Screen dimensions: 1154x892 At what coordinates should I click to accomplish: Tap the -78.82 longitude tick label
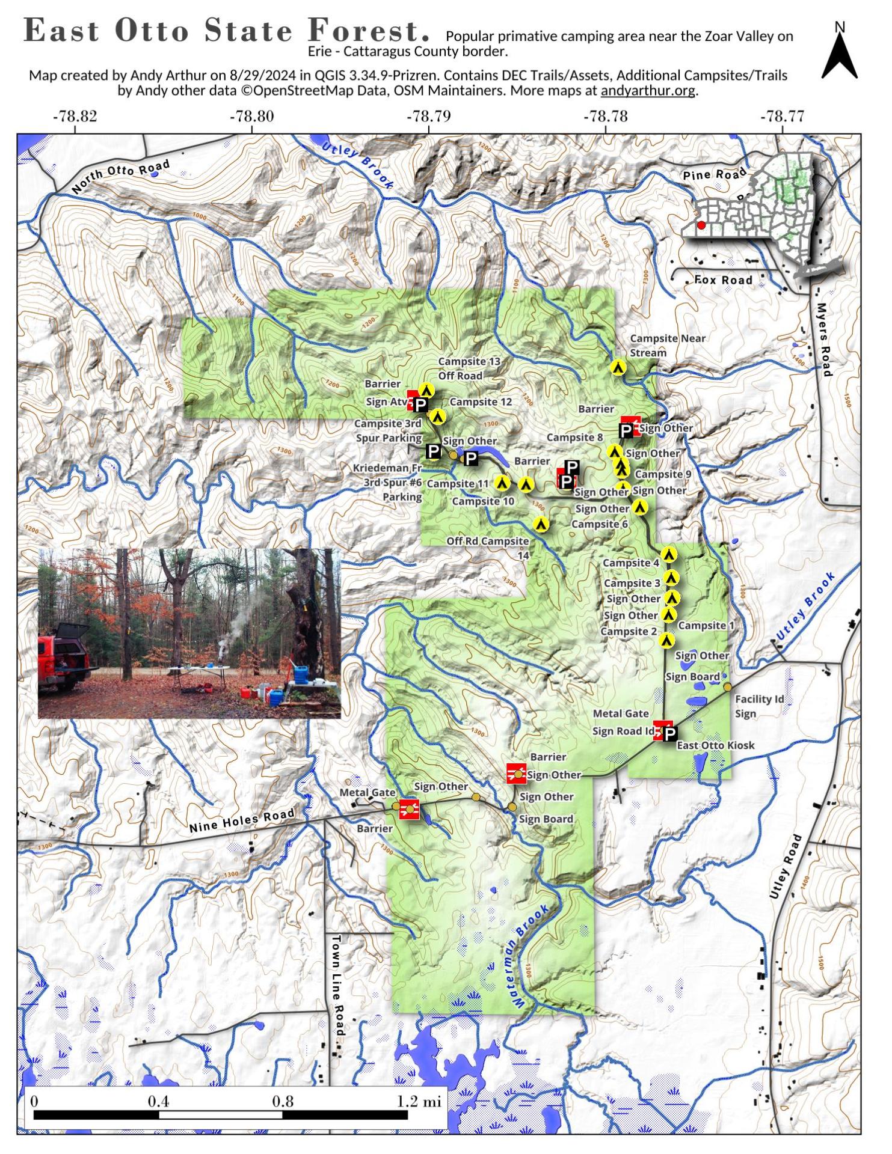(x=75, y=116)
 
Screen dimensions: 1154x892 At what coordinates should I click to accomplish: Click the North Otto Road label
(x=121, y=176)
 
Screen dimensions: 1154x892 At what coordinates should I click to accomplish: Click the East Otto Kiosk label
(x=715, y=745)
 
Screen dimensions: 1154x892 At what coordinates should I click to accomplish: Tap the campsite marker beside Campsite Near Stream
(x=618, y=367)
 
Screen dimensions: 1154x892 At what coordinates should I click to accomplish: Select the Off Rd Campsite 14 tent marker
(x=541, y=524)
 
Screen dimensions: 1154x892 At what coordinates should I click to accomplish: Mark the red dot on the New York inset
(x=701, y=225)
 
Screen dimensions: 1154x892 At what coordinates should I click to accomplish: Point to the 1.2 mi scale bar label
(x=419, y=1102)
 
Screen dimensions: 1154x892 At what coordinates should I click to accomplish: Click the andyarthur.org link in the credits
(x=648, y=91)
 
